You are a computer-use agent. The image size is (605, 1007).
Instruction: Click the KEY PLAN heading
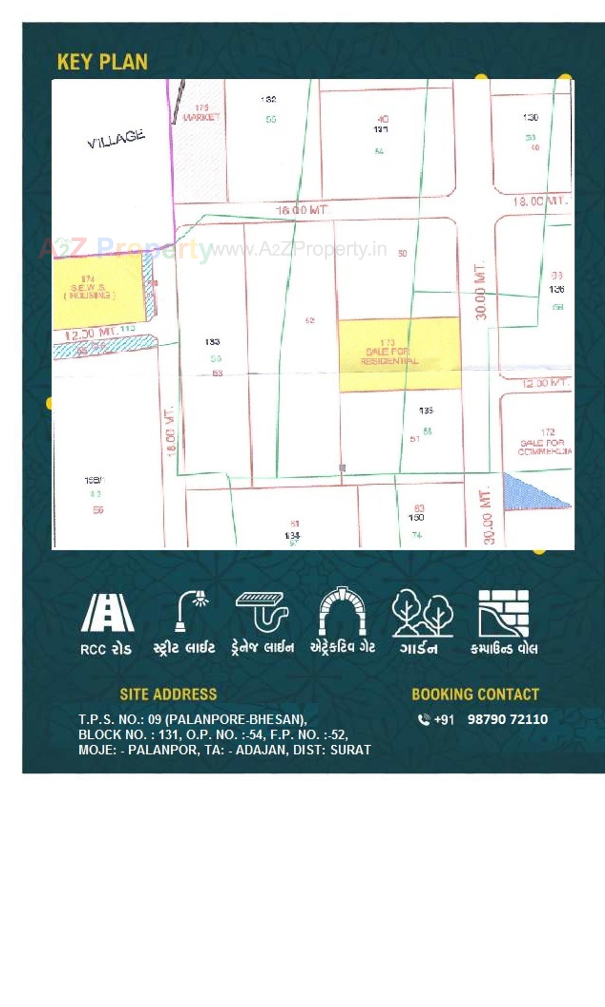(x=102, y=62)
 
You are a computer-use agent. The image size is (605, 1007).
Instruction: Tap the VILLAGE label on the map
(x=116, y=139)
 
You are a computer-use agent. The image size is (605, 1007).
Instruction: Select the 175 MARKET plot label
(x=201, y=113)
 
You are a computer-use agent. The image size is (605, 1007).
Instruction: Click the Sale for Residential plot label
(x=389, y=352)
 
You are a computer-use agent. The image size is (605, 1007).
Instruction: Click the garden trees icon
(x=422, y=612)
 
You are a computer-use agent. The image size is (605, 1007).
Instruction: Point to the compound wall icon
(x=503, y=613)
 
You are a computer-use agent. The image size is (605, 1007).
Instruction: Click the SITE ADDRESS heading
(x=168, y=694)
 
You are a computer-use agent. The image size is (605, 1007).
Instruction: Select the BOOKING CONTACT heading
(x=475, y=694)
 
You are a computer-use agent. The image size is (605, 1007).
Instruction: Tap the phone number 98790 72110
(x=507, y=720)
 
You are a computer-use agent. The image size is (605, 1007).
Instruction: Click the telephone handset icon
(x=424, y=720)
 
